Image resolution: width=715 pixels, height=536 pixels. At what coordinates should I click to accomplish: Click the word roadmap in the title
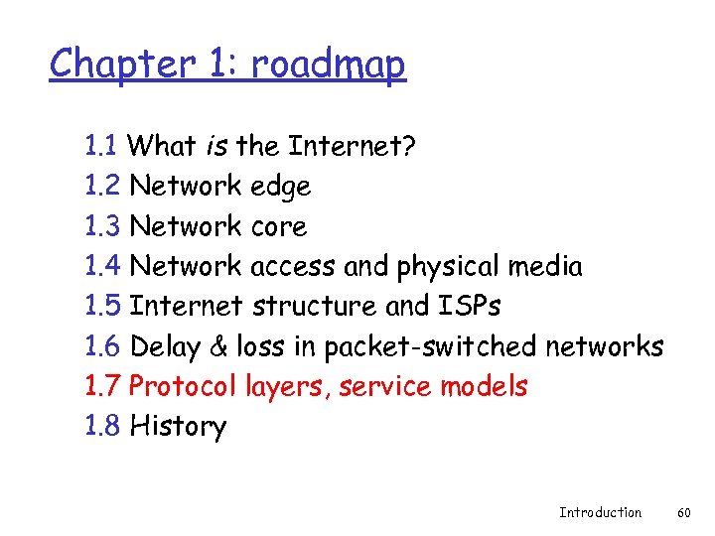[329, 66]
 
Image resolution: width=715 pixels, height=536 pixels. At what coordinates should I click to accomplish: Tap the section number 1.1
[102, 147]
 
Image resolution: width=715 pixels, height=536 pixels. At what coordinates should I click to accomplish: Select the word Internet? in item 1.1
[352, 147]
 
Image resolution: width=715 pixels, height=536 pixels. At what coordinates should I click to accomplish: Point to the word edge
[281, 188]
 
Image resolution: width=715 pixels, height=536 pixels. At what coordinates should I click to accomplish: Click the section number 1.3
[103, 226]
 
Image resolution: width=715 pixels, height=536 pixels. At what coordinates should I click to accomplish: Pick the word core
[279, 227]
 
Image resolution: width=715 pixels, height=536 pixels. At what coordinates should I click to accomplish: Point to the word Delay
[165, 346]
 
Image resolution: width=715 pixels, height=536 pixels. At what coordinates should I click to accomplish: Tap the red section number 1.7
[103, 386]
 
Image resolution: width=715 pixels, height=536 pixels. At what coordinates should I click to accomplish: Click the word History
[178, 427]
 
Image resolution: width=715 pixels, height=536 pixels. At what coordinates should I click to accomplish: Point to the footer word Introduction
[600, 512]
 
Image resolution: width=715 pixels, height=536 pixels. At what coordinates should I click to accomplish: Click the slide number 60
[683, 512]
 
